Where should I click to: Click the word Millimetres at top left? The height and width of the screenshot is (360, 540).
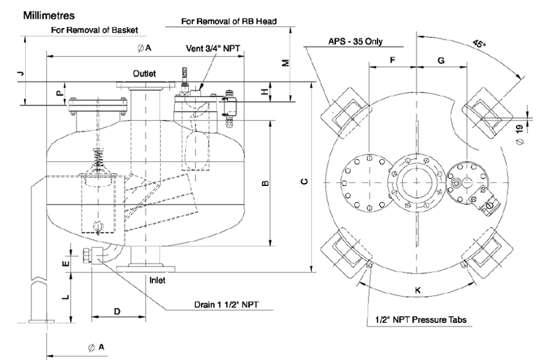coord(48,14)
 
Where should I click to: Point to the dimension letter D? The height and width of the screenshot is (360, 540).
coord(118,312)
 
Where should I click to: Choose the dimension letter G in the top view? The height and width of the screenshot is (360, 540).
coord(440,61)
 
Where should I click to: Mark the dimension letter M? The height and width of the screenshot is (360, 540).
coord(286,62)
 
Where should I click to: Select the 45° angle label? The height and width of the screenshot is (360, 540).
coord(478,44)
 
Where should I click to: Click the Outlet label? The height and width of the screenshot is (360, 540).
coord(145,73)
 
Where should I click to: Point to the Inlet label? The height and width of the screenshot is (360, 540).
coord(157,280)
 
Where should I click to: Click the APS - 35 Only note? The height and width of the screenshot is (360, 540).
coord(355,42)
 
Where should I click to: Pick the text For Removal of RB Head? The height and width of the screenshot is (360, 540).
coord(230,21)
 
